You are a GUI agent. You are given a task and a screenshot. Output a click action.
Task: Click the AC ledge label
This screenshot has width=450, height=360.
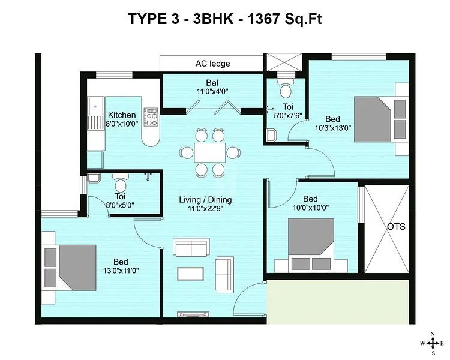(212, 64)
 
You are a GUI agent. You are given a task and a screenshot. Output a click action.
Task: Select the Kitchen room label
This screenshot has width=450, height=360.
(122, 115)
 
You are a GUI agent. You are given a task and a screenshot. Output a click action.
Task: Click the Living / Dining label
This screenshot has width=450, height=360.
(206, 200)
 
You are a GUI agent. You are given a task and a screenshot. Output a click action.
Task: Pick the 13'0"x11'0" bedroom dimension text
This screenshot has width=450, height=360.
(121, 271)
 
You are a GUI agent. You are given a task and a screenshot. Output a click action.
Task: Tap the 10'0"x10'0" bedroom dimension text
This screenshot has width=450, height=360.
(310, 208)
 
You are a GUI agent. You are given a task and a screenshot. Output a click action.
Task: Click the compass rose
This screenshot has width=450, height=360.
(432, 344)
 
